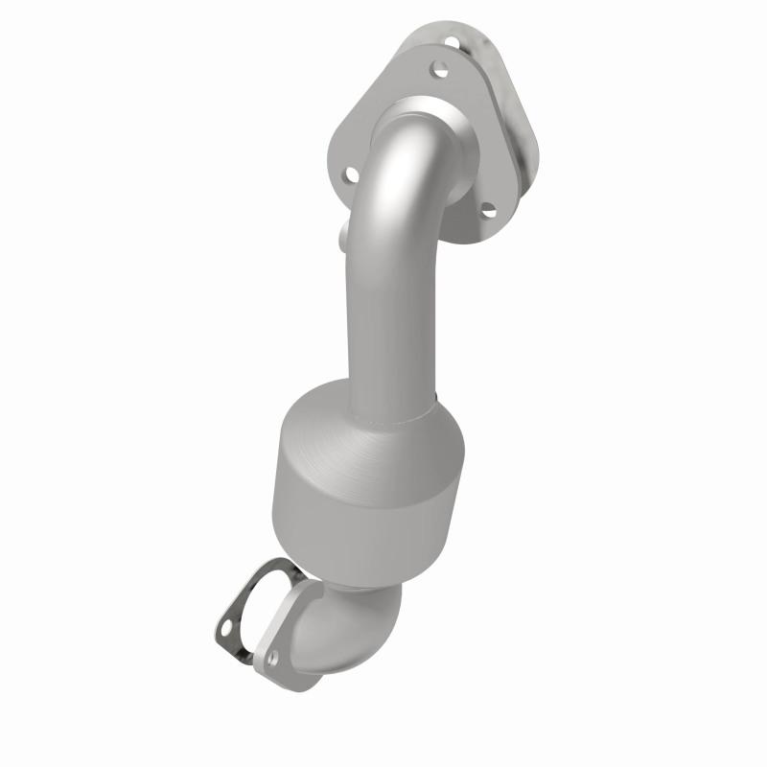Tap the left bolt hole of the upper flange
click(x=351, y=174)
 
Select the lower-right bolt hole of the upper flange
click(x=486, y=208)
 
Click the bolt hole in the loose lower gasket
click(x=226, y=630)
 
